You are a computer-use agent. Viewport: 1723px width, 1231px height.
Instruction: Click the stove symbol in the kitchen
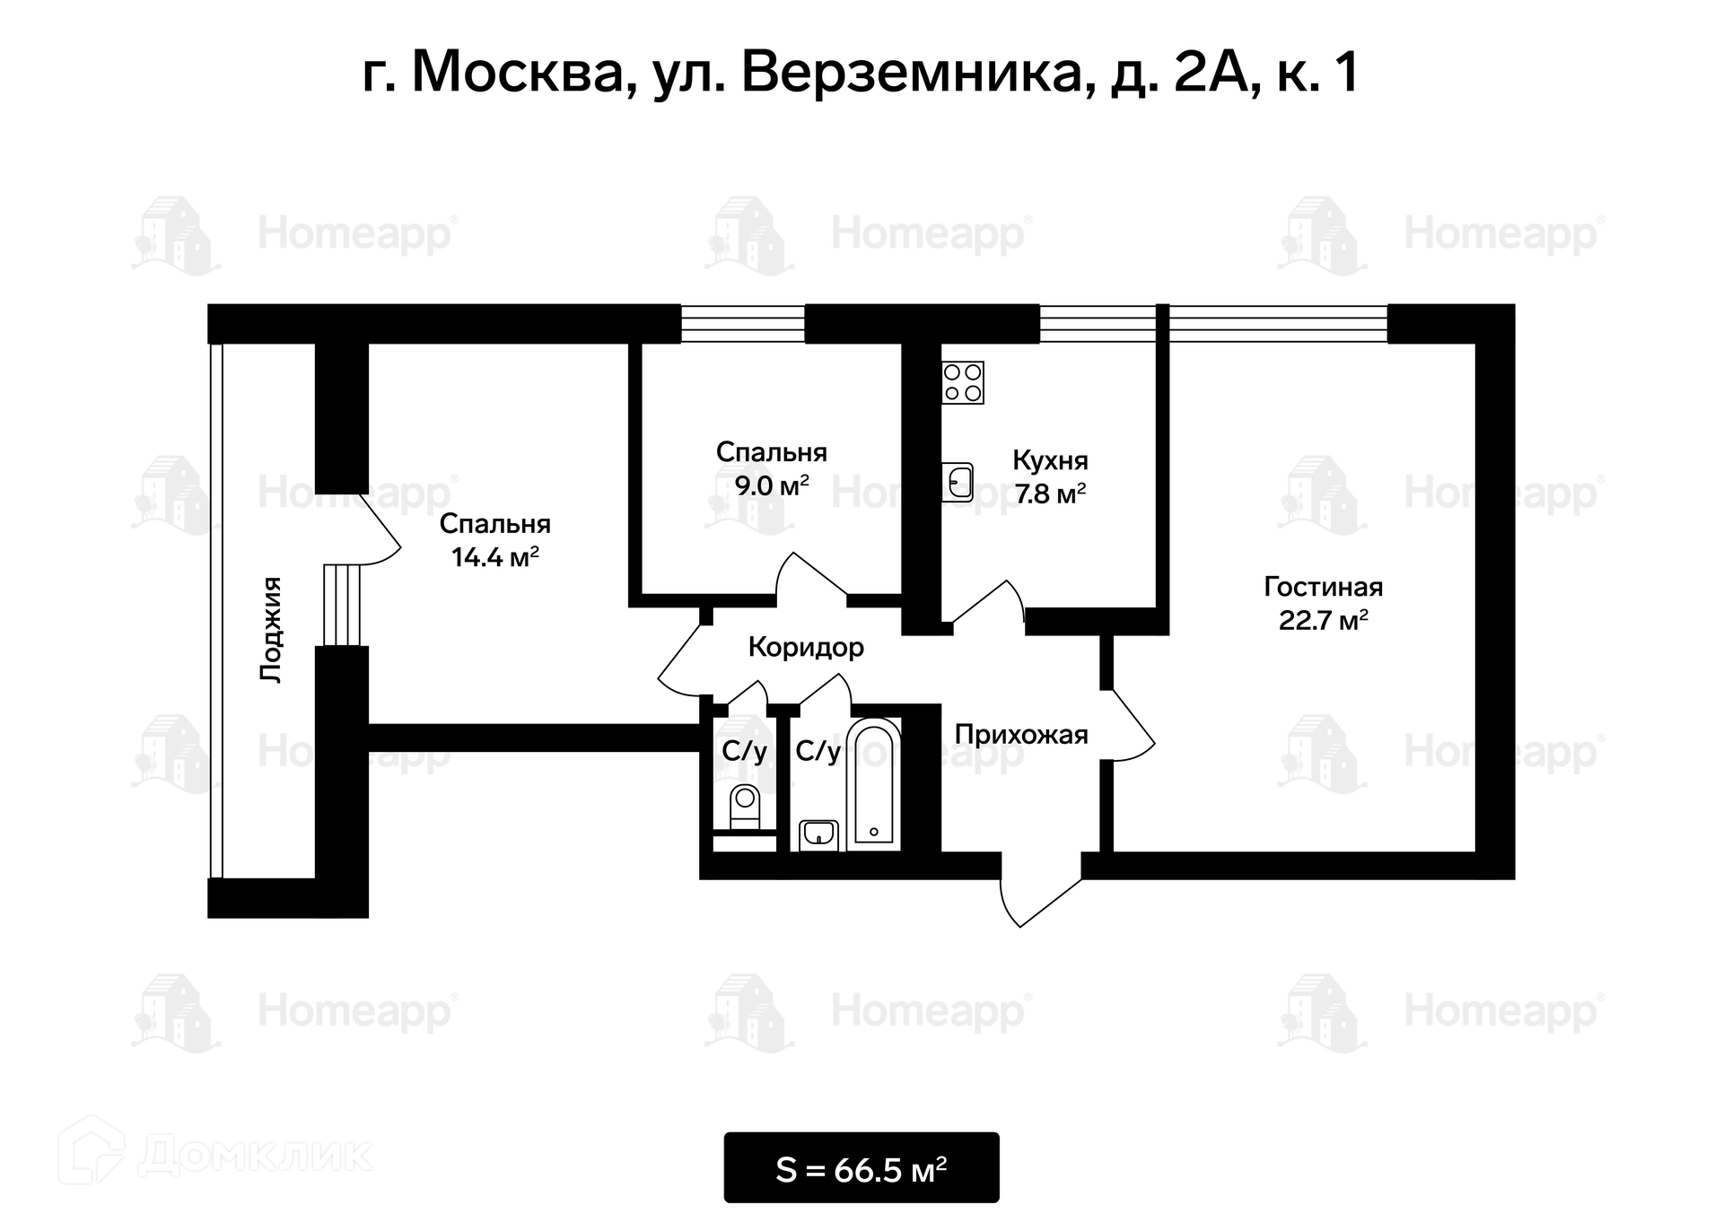(963, 382)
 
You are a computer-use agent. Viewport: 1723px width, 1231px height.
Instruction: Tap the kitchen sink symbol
(958, 482)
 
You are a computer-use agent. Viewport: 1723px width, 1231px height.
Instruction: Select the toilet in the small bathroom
(745, 808)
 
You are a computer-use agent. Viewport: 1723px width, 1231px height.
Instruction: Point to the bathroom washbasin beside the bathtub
(818, 834)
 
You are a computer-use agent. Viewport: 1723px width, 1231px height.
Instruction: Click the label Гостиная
(1323, 587)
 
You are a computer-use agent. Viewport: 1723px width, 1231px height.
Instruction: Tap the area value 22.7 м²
(1323, 620)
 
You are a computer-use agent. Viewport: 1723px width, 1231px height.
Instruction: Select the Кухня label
(1050, 460)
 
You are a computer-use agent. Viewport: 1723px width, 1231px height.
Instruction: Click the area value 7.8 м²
(1050, 493)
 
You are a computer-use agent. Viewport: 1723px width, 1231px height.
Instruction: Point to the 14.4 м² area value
(494, 557)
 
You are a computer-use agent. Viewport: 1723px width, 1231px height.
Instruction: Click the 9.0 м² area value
(772, 485)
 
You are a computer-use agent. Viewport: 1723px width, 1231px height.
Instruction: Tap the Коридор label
(806, 647)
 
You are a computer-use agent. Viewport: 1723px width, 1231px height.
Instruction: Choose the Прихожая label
(1021, 735)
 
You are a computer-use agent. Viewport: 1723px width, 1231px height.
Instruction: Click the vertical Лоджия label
(271, 630)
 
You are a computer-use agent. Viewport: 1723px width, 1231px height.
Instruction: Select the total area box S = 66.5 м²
(861, 1168)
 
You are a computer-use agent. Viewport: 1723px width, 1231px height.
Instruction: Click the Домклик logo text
(256, 1156)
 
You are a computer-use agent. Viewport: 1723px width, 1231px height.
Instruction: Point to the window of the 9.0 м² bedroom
(742, 324)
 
